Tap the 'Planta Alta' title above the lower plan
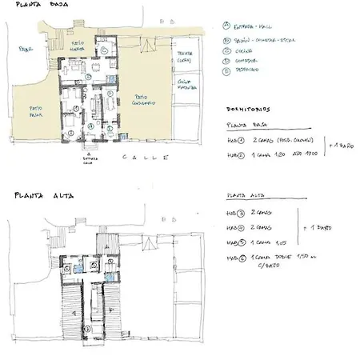30,195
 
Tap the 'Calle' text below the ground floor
144,158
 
